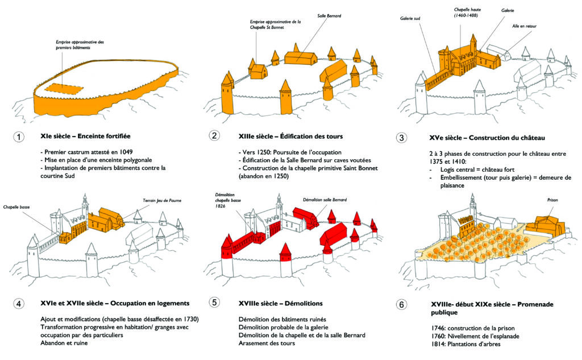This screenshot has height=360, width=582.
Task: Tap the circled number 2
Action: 214,136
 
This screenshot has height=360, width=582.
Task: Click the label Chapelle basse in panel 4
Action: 16,207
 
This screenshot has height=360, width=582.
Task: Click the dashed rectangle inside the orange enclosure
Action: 63,88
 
